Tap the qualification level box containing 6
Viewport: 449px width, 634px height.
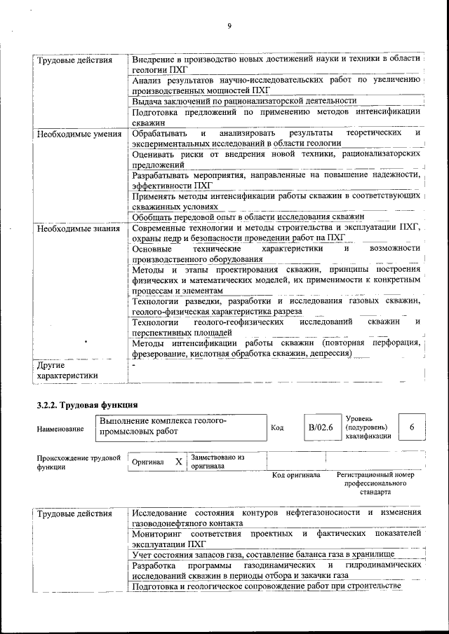tap(412, 427)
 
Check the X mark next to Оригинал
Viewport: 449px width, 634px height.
tap(178, 462)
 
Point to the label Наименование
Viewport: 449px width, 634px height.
tap(60, 428)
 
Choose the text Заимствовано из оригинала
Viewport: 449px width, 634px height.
tap(217, 461)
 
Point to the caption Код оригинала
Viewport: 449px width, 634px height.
tap(296, 475)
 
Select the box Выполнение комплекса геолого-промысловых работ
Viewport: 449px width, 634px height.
tap(181, 427)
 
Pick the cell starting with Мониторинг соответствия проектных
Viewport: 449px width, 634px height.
tap(276, 538)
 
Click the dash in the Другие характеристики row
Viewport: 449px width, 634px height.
tap(133, 365)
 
